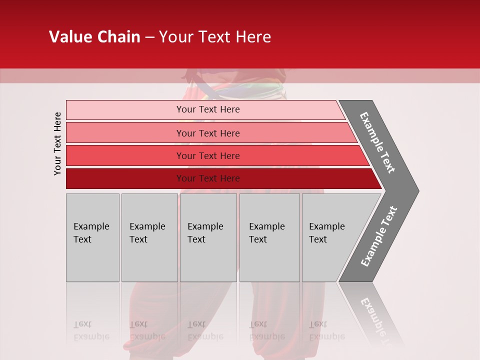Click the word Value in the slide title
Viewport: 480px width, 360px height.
click(69, 37)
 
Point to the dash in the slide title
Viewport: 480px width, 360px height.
click(150, 37)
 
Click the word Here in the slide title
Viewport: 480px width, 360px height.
click(252, 37)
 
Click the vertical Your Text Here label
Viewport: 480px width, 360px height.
click(57, 143)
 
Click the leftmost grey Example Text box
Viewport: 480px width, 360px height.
click(92, 237)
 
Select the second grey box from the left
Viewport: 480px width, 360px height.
click(149, 237)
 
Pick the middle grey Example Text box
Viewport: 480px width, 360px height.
click(208, 237)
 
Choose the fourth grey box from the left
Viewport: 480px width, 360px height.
click(269, 237)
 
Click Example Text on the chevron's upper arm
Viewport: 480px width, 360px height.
click(377, 142)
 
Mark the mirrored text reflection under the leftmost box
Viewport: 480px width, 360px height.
click(91, 330)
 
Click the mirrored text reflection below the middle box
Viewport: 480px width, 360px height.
click(205, 330)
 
